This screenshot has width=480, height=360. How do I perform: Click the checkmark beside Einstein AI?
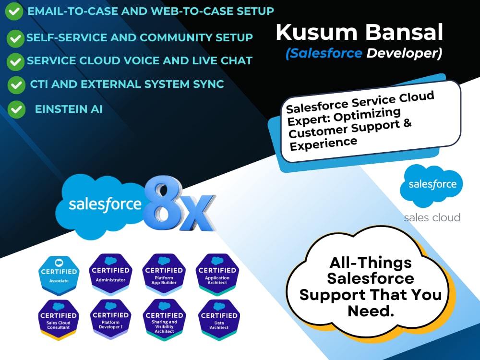(16, 109)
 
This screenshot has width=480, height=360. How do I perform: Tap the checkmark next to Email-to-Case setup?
(14, 12)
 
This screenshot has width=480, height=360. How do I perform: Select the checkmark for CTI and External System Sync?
(16, 85)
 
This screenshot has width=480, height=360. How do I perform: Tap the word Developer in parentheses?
(402, 54)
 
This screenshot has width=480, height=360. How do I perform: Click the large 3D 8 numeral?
(161, 203)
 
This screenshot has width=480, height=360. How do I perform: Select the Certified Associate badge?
(59, 276)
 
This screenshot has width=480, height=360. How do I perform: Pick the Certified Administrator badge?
(110, 274)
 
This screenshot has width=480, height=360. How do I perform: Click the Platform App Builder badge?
(164, 274)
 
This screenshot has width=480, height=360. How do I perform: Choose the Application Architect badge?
(217, 274)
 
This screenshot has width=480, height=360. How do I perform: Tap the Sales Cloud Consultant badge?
(58, 320)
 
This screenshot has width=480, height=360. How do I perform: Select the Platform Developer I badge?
(110, 319)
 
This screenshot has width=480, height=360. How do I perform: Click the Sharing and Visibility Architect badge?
(164, 320)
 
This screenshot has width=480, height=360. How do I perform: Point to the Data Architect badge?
(219, 320)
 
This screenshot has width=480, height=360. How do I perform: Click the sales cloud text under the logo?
(432, 217)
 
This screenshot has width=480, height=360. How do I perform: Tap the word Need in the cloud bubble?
(371, 312)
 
